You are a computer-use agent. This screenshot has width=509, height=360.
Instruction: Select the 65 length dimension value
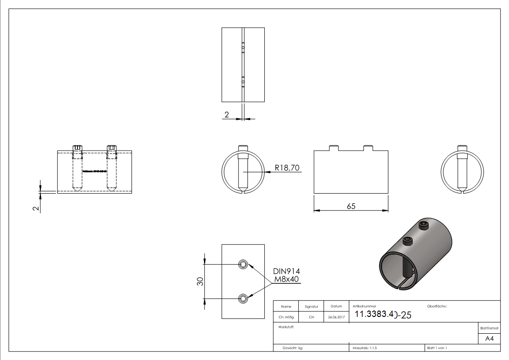pyautogui.click(x=351, y=206)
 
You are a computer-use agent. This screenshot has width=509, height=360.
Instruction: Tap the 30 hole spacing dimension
pyautogui.click(x=199, y=282)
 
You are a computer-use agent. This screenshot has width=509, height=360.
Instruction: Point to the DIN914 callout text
pyautogui.click(x=286, y=271)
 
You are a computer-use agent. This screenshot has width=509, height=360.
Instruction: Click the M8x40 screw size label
pyautogui.click(x=286, y=279)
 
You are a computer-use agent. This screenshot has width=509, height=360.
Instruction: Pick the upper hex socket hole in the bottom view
pyautogui.click(x=244, y=265)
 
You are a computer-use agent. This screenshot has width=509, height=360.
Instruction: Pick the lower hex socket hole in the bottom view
pyautogui.click(x=244, y=298)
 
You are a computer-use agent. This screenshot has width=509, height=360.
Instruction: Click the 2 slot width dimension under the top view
pyautogui.click(x=227, y=115)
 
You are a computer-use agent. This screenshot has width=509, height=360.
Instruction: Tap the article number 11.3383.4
pyautogui.click(x=373, y=314)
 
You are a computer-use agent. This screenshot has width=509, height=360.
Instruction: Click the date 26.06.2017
pyautogui.click(x=336, y=317)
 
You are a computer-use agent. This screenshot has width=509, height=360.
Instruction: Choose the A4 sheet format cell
pyautogui.click(x=490, y=339)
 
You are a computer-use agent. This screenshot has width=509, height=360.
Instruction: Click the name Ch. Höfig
pyautogui.click(x=286, y=317)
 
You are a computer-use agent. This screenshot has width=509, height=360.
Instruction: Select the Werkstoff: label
pyautogui.click(x=284, y=326)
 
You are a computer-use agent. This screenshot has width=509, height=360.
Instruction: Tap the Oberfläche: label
pyautogui.click(x=437, y=306)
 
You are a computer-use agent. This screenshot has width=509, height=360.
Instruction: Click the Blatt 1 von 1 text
pyautogui.click(x=437, y=348)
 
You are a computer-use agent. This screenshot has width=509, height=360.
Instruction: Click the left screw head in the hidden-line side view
pyautogui.click(x=77, y=149)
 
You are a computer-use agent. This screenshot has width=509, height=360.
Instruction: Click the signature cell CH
pyautogui.click(x=311, y=317)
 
